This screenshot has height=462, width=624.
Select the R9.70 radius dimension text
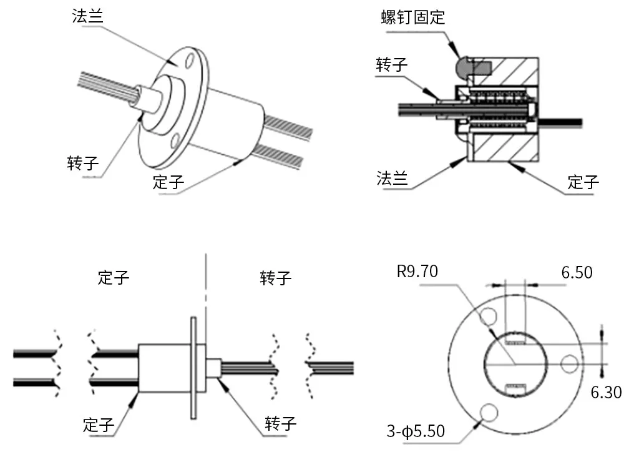coord(417,271)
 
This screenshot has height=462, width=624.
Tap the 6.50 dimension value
coord(577,272)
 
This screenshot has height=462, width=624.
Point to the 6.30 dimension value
coord(605,392)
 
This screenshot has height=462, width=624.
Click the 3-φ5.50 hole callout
coord(416,431)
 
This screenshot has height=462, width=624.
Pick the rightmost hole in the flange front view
coord(570,363)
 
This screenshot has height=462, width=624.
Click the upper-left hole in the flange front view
coord(487,318)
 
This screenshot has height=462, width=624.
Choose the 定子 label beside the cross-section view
coord(583,182)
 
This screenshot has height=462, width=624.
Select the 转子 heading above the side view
coord(276,277)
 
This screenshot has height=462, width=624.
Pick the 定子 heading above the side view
coord(114,277)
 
